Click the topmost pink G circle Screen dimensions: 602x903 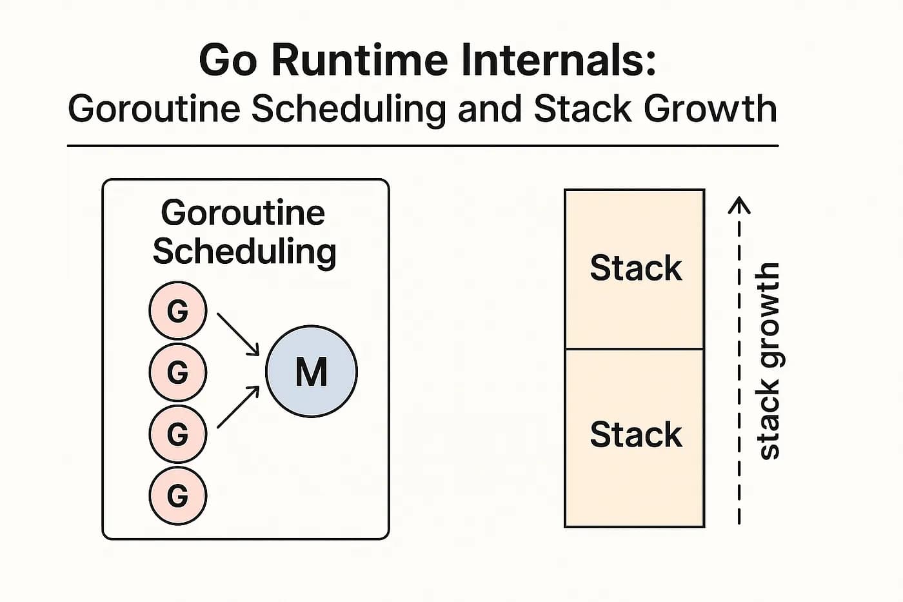pyautogui.click(x=178, y=310)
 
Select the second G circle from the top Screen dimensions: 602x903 pyautogui.click(x=178, y=372)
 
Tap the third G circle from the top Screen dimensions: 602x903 pyautogui.click(x=178, y=434)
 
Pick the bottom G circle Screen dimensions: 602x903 pyautogui.click(x=178, y=496)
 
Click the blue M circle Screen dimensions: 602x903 pyautogui.click(x=312, y=372)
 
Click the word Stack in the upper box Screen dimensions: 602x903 pyautogui.click(x=635, y=268)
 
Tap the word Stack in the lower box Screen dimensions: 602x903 pyautogui.click(x=635, y=434)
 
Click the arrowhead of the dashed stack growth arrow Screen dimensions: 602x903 pyautogui.click(x=739, y=205)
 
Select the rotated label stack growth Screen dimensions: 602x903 pyautogui.click(x=768, y=361)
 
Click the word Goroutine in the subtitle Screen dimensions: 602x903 pyautogui.click(x=154, y=108)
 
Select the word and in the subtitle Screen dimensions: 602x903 pyautogui.click(x=490, y=108)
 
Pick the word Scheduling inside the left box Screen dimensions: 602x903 pyautogui.click(x=244, y=252)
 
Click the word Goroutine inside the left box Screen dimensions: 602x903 pyautogui.click(x=243, y=212)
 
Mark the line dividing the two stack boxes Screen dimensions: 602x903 pyautogui.click(x=635, y=349)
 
